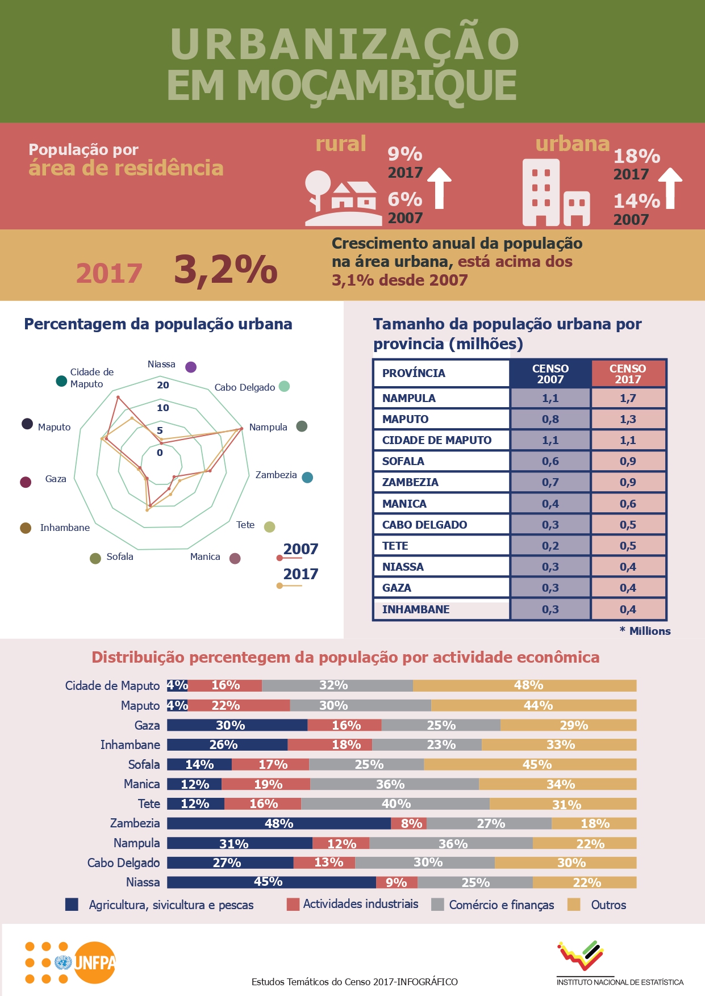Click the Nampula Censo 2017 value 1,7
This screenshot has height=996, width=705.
pyautogui.click(x=628, y=398)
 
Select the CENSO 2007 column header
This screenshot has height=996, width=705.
pyautogui.click(x=550, y=374)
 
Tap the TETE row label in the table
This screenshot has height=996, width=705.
pyautogui.click(x=395, y=546)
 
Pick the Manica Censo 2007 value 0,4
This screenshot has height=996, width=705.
pyautogui.click(x=550, y=504)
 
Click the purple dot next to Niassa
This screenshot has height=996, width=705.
pyautogui.click(x=191, y=367)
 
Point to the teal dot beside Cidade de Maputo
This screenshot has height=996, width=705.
pyautogui.click(x=61, y=380)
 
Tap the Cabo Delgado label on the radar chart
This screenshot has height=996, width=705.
pyautogui.click(x=244, y=387)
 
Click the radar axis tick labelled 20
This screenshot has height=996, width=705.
pyautogui.click(x=163, y=385)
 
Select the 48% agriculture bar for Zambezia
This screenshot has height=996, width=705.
pyautogui.click(x=278, y=823)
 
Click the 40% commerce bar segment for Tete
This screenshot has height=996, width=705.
pyautogui.click(x=395, y=804)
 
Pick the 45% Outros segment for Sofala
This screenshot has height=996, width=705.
pyautogui.click(x=536, y=764)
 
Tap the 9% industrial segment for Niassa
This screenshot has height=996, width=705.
pyautogui.click(x=396, y=882)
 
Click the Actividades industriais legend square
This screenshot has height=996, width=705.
pyautogui.click(x=293, y=904)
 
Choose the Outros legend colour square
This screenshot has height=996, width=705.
pyautogui.click(x=574, y=904)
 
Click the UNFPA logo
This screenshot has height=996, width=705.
pyautogui.click(x=94, y=962)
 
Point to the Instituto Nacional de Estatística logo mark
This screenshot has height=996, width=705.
pyautogui.click(x=581, y=955)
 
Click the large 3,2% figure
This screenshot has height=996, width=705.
pyautogui.click(x=226, y=270)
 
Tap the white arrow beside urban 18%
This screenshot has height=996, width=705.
pyautogui.click(x=670, y=188)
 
